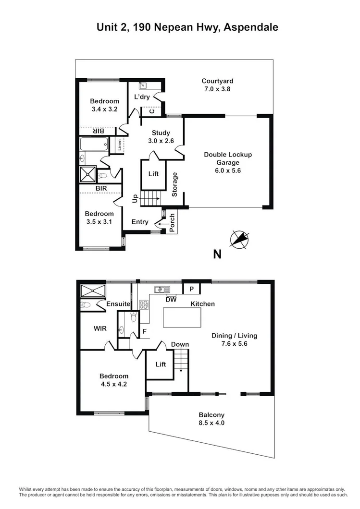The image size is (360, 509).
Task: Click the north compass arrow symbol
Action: tap(239, 239)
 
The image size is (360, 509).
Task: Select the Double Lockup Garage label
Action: tap(228, 158)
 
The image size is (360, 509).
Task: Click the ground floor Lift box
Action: tap(153, 174)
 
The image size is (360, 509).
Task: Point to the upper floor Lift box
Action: tap(161, 364)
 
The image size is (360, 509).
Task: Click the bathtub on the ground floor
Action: tap(94, 145)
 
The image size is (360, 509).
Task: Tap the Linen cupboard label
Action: tap(119, 145)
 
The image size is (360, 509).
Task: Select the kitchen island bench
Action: tap(182, 317)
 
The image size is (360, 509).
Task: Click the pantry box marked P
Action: tap(191, 289)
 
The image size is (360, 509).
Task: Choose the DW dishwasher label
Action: tap(171, 300)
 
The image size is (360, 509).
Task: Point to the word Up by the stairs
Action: tap(136, 198)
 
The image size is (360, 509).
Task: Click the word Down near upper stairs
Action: tap(180, 344)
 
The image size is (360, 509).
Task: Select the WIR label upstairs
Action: tap(100, 329)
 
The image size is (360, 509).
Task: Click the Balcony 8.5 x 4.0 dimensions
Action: tap(211, 423)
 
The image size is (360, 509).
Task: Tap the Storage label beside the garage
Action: tap(175, 184)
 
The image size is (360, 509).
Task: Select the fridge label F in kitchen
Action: tap(144, 331)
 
